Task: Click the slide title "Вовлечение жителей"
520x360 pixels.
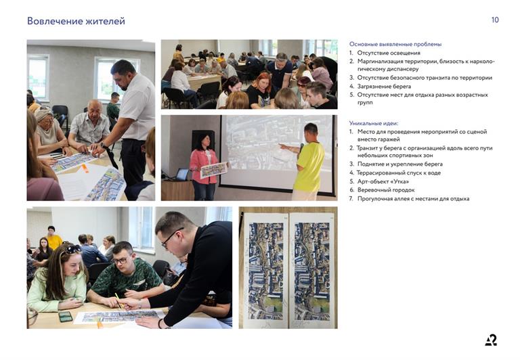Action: coord(76,21)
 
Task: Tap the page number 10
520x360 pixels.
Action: coord(495,20)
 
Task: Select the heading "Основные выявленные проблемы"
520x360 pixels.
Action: coord(395,44)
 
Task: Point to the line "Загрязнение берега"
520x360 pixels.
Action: coord(384,86)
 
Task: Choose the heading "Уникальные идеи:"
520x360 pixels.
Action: coord(374,123)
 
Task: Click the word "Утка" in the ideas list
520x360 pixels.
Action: coord(398,181)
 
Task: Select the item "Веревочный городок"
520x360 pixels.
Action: coord(386,190)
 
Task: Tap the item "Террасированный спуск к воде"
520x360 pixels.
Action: coord(399,173)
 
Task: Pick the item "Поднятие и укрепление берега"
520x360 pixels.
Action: coord(400,164)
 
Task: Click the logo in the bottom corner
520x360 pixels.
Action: coord(491,340)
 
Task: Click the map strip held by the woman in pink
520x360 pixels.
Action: coord(214,170)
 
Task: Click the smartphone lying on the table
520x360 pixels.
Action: coord(66,317)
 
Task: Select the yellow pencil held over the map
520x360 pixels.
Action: coord(118,300)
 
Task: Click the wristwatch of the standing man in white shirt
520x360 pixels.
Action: coord(103,145)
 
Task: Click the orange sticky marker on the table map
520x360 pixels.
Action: coord(85,168)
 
